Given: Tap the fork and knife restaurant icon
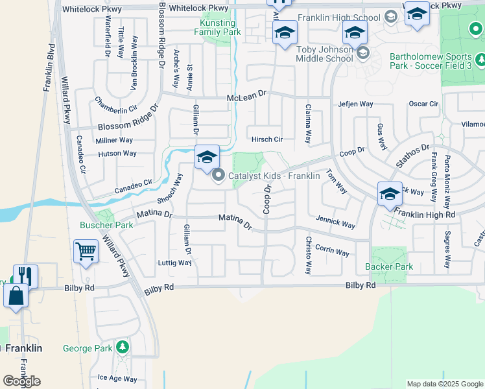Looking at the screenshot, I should click(25, 276).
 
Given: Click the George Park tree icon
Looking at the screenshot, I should click(121, 348).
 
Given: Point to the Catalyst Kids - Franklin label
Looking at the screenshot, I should click(274, 176).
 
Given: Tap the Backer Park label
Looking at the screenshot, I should click(389, 266).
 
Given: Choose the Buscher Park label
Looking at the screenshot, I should click(106, 225).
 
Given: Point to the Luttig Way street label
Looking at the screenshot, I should click(175, 263).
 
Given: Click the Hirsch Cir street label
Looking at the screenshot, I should click(268, 139).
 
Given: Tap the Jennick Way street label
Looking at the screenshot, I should click(335, 223).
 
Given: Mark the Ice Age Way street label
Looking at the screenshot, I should click(117, 379).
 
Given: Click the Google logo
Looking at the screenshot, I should click(21, 381).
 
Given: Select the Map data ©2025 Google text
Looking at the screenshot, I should click(445, 384).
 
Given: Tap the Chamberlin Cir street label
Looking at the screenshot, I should click(116, 104).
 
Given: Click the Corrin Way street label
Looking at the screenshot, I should click(333, 250).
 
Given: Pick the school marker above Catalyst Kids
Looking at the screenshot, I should click(207, 157).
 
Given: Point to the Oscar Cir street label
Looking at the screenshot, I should click(423, 104).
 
